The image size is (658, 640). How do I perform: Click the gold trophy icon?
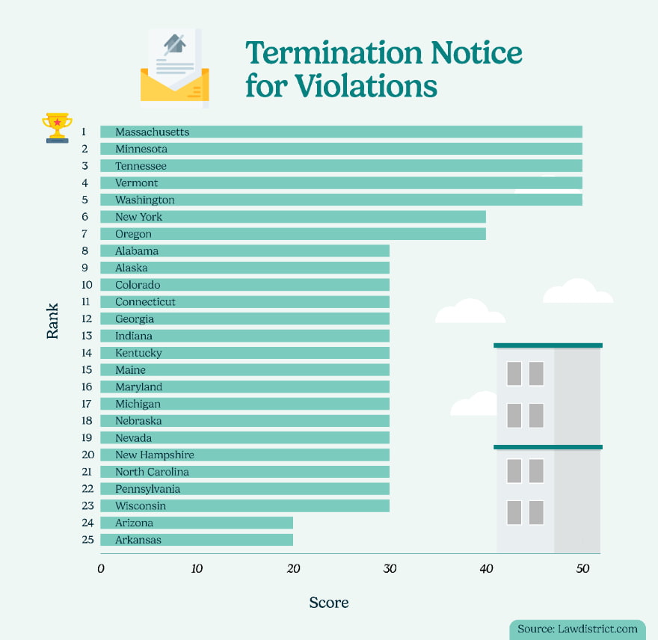coord(57,127)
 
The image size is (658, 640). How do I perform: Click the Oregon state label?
coord(133,234)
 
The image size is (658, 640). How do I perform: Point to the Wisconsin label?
coord(141,506)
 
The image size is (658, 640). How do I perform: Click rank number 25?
coord(87,540)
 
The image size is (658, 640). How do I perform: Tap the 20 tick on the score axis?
coord(293,568)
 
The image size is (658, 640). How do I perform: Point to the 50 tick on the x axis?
coord(582,568)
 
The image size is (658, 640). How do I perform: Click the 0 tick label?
coord(101,568)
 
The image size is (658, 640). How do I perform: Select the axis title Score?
coord(329,603)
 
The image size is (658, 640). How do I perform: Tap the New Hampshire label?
coord(155,455)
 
